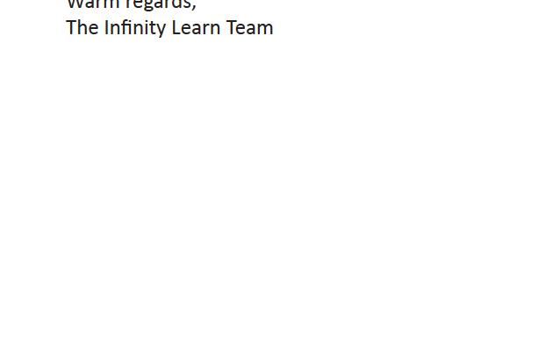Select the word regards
point(159,4)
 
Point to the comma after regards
point(194,6)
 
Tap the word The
point(83,27)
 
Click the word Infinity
point(135,27)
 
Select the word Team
point(250,27)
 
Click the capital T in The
point(72,27)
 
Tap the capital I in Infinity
point(107,27)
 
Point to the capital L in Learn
point(176,27)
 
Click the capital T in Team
point(232,27)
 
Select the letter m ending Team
point(266,28)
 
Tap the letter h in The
point(83,27)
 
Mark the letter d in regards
point(178,4)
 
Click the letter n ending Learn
point(216,28)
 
